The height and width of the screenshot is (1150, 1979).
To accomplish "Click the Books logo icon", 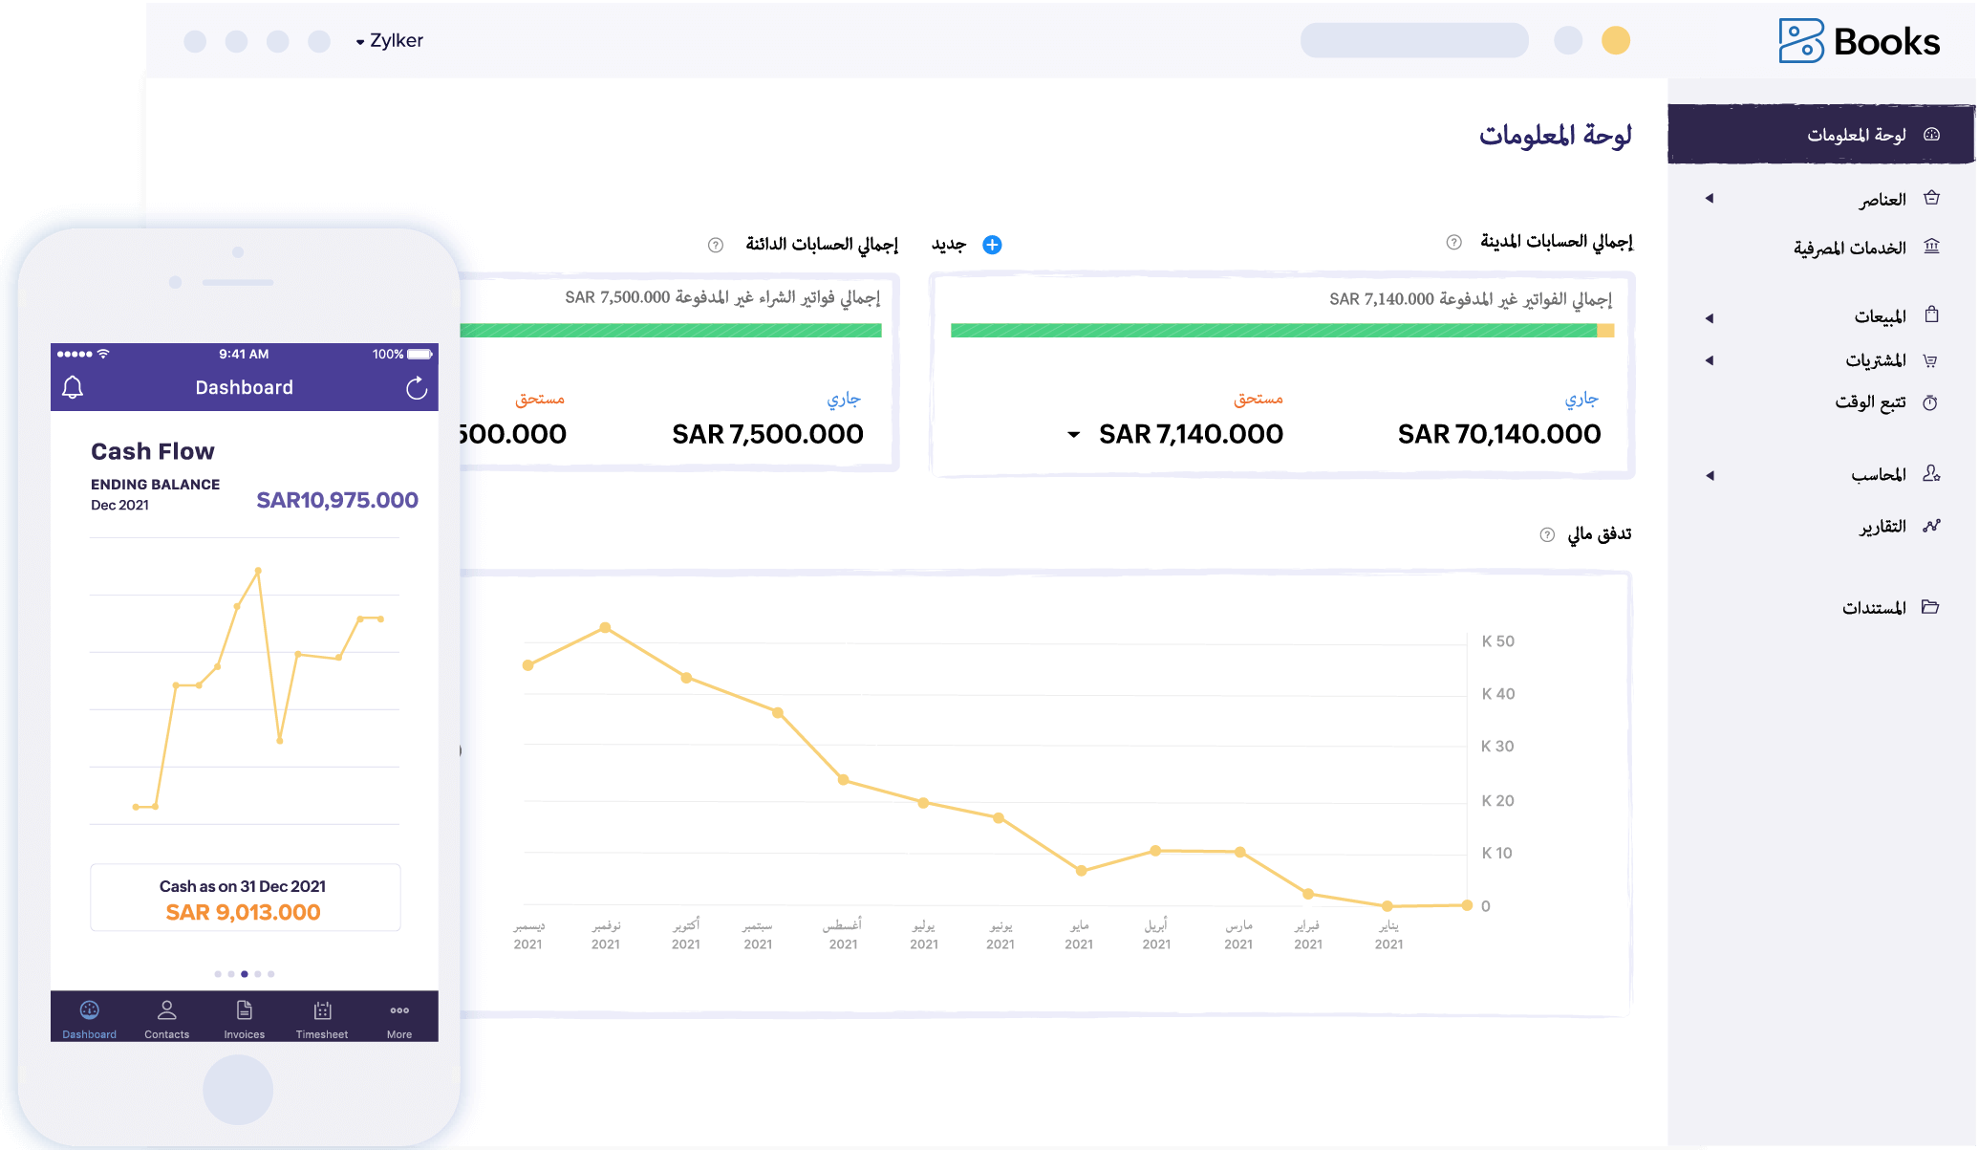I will [x=1800, y=41].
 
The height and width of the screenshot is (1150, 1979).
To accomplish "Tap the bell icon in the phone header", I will [x=73, y=387].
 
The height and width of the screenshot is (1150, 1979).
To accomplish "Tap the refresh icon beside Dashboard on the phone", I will [x=417, y=388].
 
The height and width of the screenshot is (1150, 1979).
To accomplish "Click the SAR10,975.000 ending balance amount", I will [x=337, y=500].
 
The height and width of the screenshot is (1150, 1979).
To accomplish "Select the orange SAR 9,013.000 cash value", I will [x=244, y=912].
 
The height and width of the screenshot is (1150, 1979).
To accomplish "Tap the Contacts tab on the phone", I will [x=166, y=1019].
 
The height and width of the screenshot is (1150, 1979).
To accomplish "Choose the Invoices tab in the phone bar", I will [x=245, y=1019].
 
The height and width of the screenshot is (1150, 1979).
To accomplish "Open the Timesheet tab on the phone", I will [x=322, y=1019].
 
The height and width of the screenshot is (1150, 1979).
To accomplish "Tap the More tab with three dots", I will [x=399, y=1019].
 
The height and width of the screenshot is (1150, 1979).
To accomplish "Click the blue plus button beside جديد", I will [x=992, y=245].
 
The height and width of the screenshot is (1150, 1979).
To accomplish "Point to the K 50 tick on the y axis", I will [x=1497, y=641].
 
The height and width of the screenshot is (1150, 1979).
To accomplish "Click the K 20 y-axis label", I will [x=1497, y=801].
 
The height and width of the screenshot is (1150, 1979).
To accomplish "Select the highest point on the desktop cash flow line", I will [x=605, y=628].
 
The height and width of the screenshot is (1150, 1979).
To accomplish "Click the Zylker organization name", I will [x=396, y=41].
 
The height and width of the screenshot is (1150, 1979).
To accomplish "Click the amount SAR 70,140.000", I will [x=1498, y=435].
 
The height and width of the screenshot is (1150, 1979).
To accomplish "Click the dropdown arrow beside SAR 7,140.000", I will [x=1074, y=435].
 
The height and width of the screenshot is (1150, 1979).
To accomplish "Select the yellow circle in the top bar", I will [x=1615, y=41].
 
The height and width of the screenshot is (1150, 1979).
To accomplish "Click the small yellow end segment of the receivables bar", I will [x=1605, y=331].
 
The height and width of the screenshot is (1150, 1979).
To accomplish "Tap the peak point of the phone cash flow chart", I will [x=258, y=572].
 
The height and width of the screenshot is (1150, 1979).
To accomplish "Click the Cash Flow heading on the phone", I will [x=153, y=451].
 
